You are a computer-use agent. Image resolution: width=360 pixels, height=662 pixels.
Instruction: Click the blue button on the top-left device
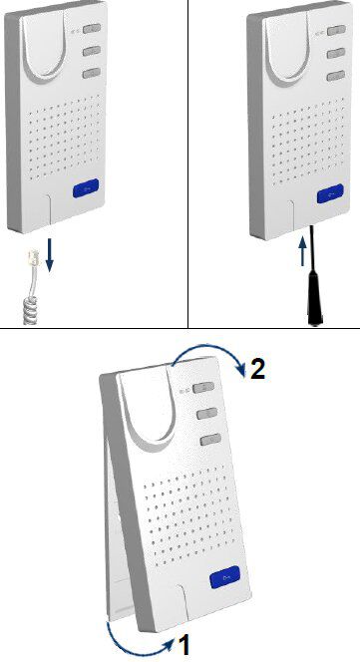tap(86, 188)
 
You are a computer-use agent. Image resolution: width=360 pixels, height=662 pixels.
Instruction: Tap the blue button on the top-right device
tap(330, 194)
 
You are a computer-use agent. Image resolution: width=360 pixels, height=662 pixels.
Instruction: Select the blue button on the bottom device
tap(224, 577)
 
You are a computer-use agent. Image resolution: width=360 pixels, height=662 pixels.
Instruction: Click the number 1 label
tap(183, 645)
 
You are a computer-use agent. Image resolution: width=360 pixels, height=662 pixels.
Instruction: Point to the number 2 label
tap(257, 368)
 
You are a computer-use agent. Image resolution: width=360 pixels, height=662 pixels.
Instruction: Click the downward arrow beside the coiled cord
tap(50, 255)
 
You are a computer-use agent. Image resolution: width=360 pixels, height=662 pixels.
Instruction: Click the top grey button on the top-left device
tap(92, 28)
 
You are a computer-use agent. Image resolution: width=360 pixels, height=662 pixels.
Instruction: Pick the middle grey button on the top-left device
tap(92, 51)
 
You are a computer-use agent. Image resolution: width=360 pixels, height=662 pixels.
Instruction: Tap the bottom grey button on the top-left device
tap(92, 74)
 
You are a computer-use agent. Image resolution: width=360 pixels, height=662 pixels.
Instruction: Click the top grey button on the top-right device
tap(336, 30)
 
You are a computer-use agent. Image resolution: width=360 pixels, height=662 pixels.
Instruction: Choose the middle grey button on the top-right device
tap(336, 53)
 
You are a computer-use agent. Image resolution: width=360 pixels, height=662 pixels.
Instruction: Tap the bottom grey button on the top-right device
tap(335, 77)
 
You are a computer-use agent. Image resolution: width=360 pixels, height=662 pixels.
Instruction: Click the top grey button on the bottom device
tap(203, 387)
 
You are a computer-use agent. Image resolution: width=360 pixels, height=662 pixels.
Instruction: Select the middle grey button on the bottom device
tap(207, 414)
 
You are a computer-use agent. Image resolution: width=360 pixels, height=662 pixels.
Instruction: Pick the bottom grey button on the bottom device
tap(210, 441)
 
